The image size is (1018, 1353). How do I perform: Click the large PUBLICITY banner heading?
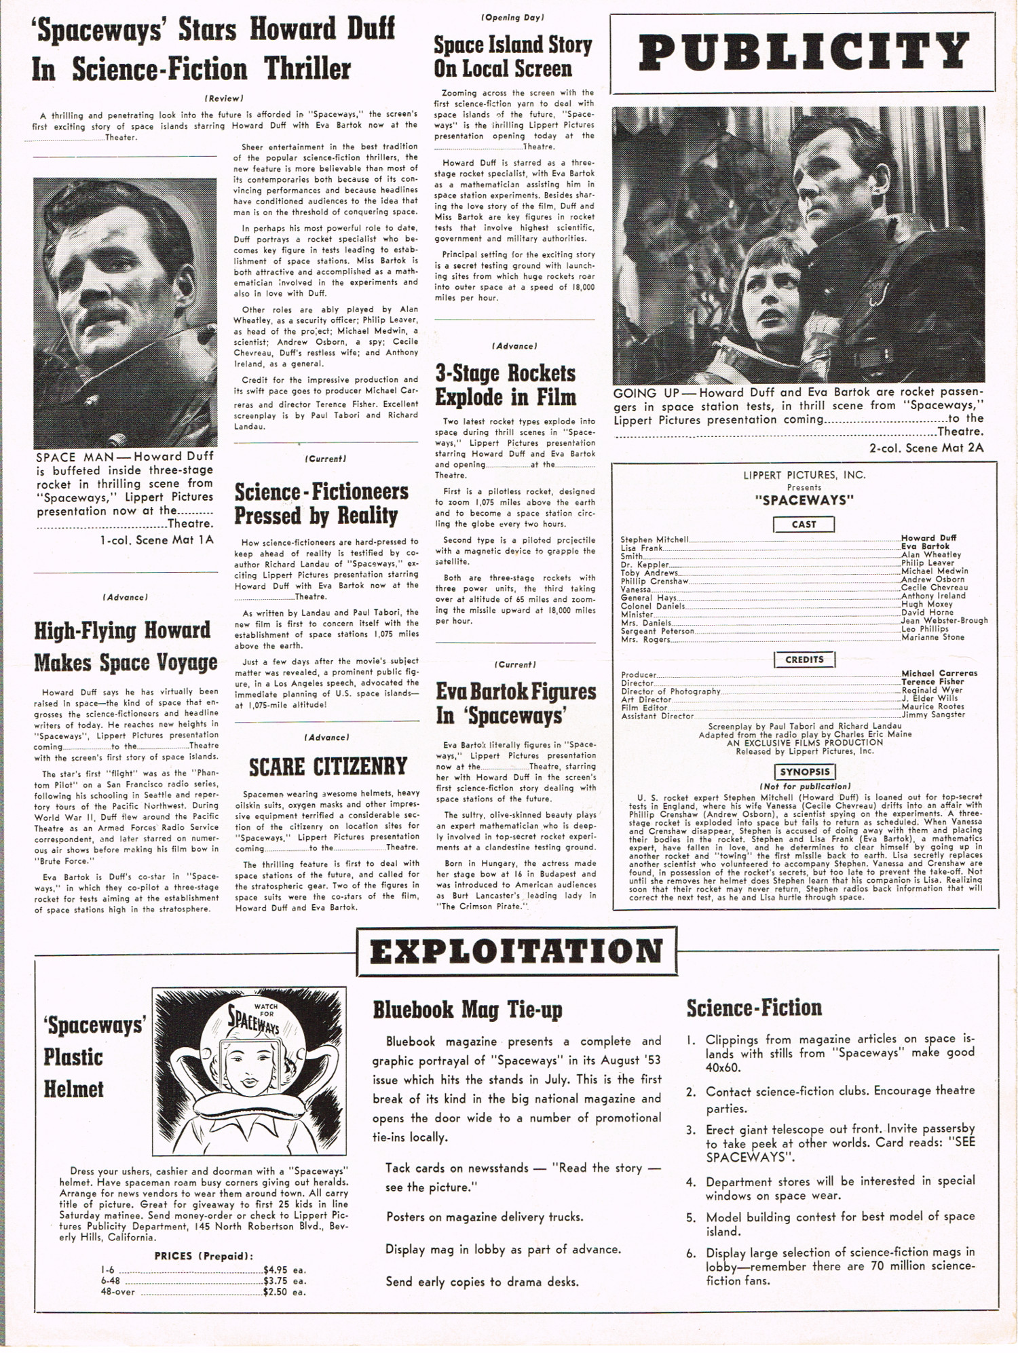coord(804,53)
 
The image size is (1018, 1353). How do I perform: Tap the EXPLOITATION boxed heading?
coord(516,951)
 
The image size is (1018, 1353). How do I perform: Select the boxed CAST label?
coord(804,525)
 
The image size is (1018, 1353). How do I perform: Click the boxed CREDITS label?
coord(804,660)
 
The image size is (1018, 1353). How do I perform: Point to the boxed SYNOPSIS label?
coord(804,771)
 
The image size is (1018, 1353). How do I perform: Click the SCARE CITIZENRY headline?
coord(327,767)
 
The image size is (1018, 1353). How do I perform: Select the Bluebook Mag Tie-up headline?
coord(468,1010)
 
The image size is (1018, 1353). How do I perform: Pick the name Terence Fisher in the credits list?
coord(932,681)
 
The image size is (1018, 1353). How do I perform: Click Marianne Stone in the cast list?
coord(932,637)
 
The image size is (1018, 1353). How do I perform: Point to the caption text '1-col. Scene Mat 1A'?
coord(156,540)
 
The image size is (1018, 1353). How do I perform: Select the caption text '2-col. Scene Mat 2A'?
coord(926,448)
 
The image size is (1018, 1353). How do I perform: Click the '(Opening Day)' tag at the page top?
coord(513,18)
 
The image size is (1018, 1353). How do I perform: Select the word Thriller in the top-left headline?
coord(307,69)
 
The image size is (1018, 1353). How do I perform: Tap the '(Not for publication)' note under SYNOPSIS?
coord(804,786)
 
